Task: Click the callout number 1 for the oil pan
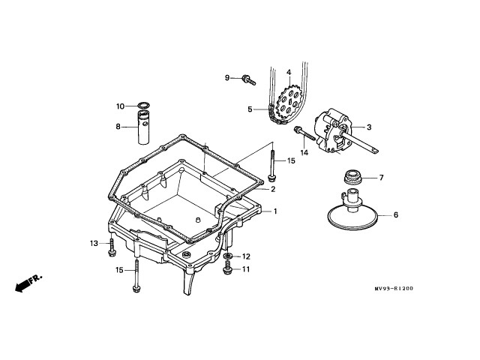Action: pos(275,211)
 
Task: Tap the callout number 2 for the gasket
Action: pos(274,189)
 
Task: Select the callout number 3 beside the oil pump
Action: pos(368,127)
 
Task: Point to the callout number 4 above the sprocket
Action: pos(288,73)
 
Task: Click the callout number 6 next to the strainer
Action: pos(396,215)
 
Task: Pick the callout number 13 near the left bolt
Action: pos(94,244)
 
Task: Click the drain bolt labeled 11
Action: pos(226,269)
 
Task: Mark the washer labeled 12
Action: pos(226,257)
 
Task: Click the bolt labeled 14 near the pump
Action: pos(301,136)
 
